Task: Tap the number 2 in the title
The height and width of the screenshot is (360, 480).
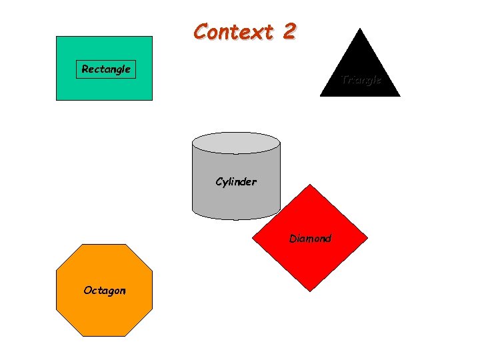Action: point(288,31)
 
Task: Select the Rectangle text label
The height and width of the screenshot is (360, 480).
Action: point(106,69)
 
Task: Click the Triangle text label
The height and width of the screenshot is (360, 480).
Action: point(361,80)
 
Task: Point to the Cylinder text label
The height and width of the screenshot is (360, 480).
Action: point(236,181)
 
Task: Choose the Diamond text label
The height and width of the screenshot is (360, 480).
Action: point(310,238)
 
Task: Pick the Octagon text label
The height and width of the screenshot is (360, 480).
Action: point(104,290)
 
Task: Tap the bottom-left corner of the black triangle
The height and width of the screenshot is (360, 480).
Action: point(320,97)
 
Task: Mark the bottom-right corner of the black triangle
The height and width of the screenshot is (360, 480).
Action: point(400,97)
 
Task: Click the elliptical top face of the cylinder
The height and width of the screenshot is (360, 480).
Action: point(236,142)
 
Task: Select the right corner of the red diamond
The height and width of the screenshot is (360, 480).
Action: point(368,237)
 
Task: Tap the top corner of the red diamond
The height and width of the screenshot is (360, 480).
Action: point(309,185)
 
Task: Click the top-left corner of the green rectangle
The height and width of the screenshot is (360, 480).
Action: point(56,37)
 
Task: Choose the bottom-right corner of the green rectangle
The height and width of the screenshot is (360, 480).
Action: point(152,100)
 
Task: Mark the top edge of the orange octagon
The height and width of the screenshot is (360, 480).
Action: point(104,245)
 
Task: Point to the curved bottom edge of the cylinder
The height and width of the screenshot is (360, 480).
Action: point(236,218)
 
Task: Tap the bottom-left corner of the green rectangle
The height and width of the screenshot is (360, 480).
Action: point(56,100)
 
